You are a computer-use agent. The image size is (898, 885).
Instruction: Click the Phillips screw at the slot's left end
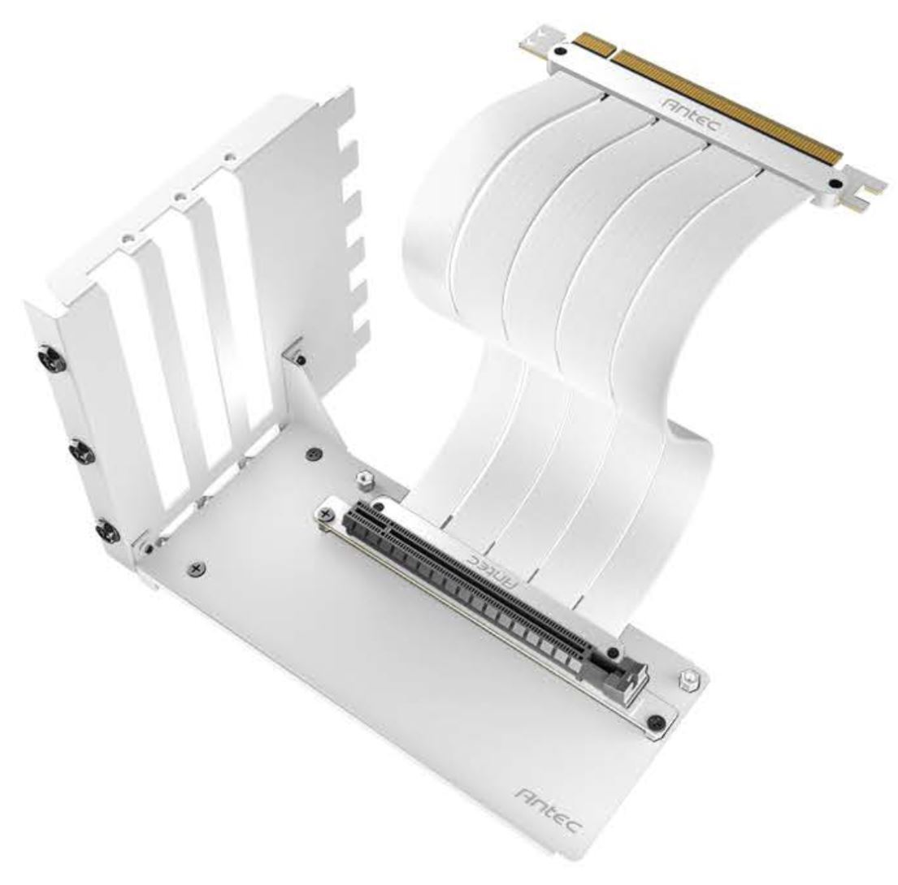coord(327,515)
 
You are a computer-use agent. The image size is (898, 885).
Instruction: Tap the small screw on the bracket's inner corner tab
coord(302,359)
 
